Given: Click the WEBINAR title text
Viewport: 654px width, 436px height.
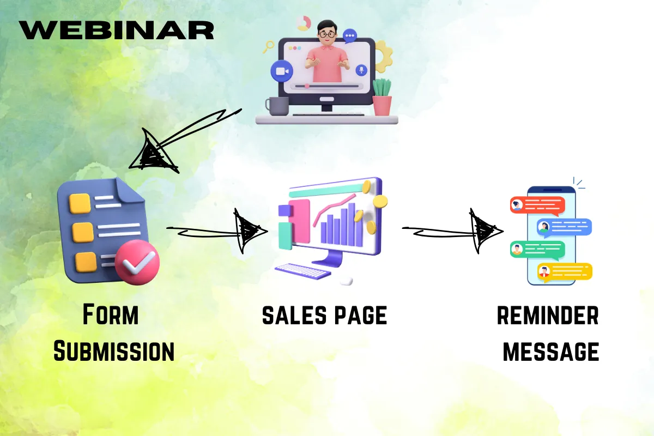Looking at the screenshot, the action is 117,30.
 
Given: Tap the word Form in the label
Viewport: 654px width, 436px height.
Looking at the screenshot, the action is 111,314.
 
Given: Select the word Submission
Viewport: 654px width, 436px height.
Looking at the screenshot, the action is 114,351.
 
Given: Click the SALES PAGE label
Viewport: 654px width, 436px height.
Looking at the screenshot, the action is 325,316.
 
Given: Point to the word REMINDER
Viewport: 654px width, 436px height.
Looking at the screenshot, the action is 548,316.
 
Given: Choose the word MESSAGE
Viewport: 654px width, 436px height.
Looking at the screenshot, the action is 551,352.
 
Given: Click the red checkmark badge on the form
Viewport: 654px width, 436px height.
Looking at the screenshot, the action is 137,262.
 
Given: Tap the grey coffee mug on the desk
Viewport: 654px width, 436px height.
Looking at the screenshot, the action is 277,106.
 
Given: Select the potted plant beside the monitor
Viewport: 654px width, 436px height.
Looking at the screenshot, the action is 382,97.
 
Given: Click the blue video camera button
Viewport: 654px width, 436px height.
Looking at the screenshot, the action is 282,71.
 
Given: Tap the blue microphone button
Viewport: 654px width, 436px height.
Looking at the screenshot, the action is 361,70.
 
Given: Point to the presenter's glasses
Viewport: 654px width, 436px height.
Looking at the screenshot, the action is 328,34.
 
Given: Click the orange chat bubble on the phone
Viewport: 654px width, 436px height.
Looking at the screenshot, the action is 537,205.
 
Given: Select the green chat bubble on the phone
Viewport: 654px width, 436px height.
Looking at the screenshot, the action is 537,250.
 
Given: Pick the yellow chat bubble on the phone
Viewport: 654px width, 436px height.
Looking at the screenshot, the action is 565,272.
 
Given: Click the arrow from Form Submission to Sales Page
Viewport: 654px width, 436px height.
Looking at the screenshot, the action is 217,231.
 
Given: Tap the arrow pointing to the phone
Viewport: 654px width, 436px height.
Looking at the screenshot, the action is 453,231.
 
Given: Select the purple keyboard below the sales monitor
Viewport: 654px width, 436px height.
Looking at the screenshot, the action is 303,271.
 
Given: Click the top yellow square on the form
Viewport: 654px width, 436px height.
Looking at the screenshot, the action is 80,203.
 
